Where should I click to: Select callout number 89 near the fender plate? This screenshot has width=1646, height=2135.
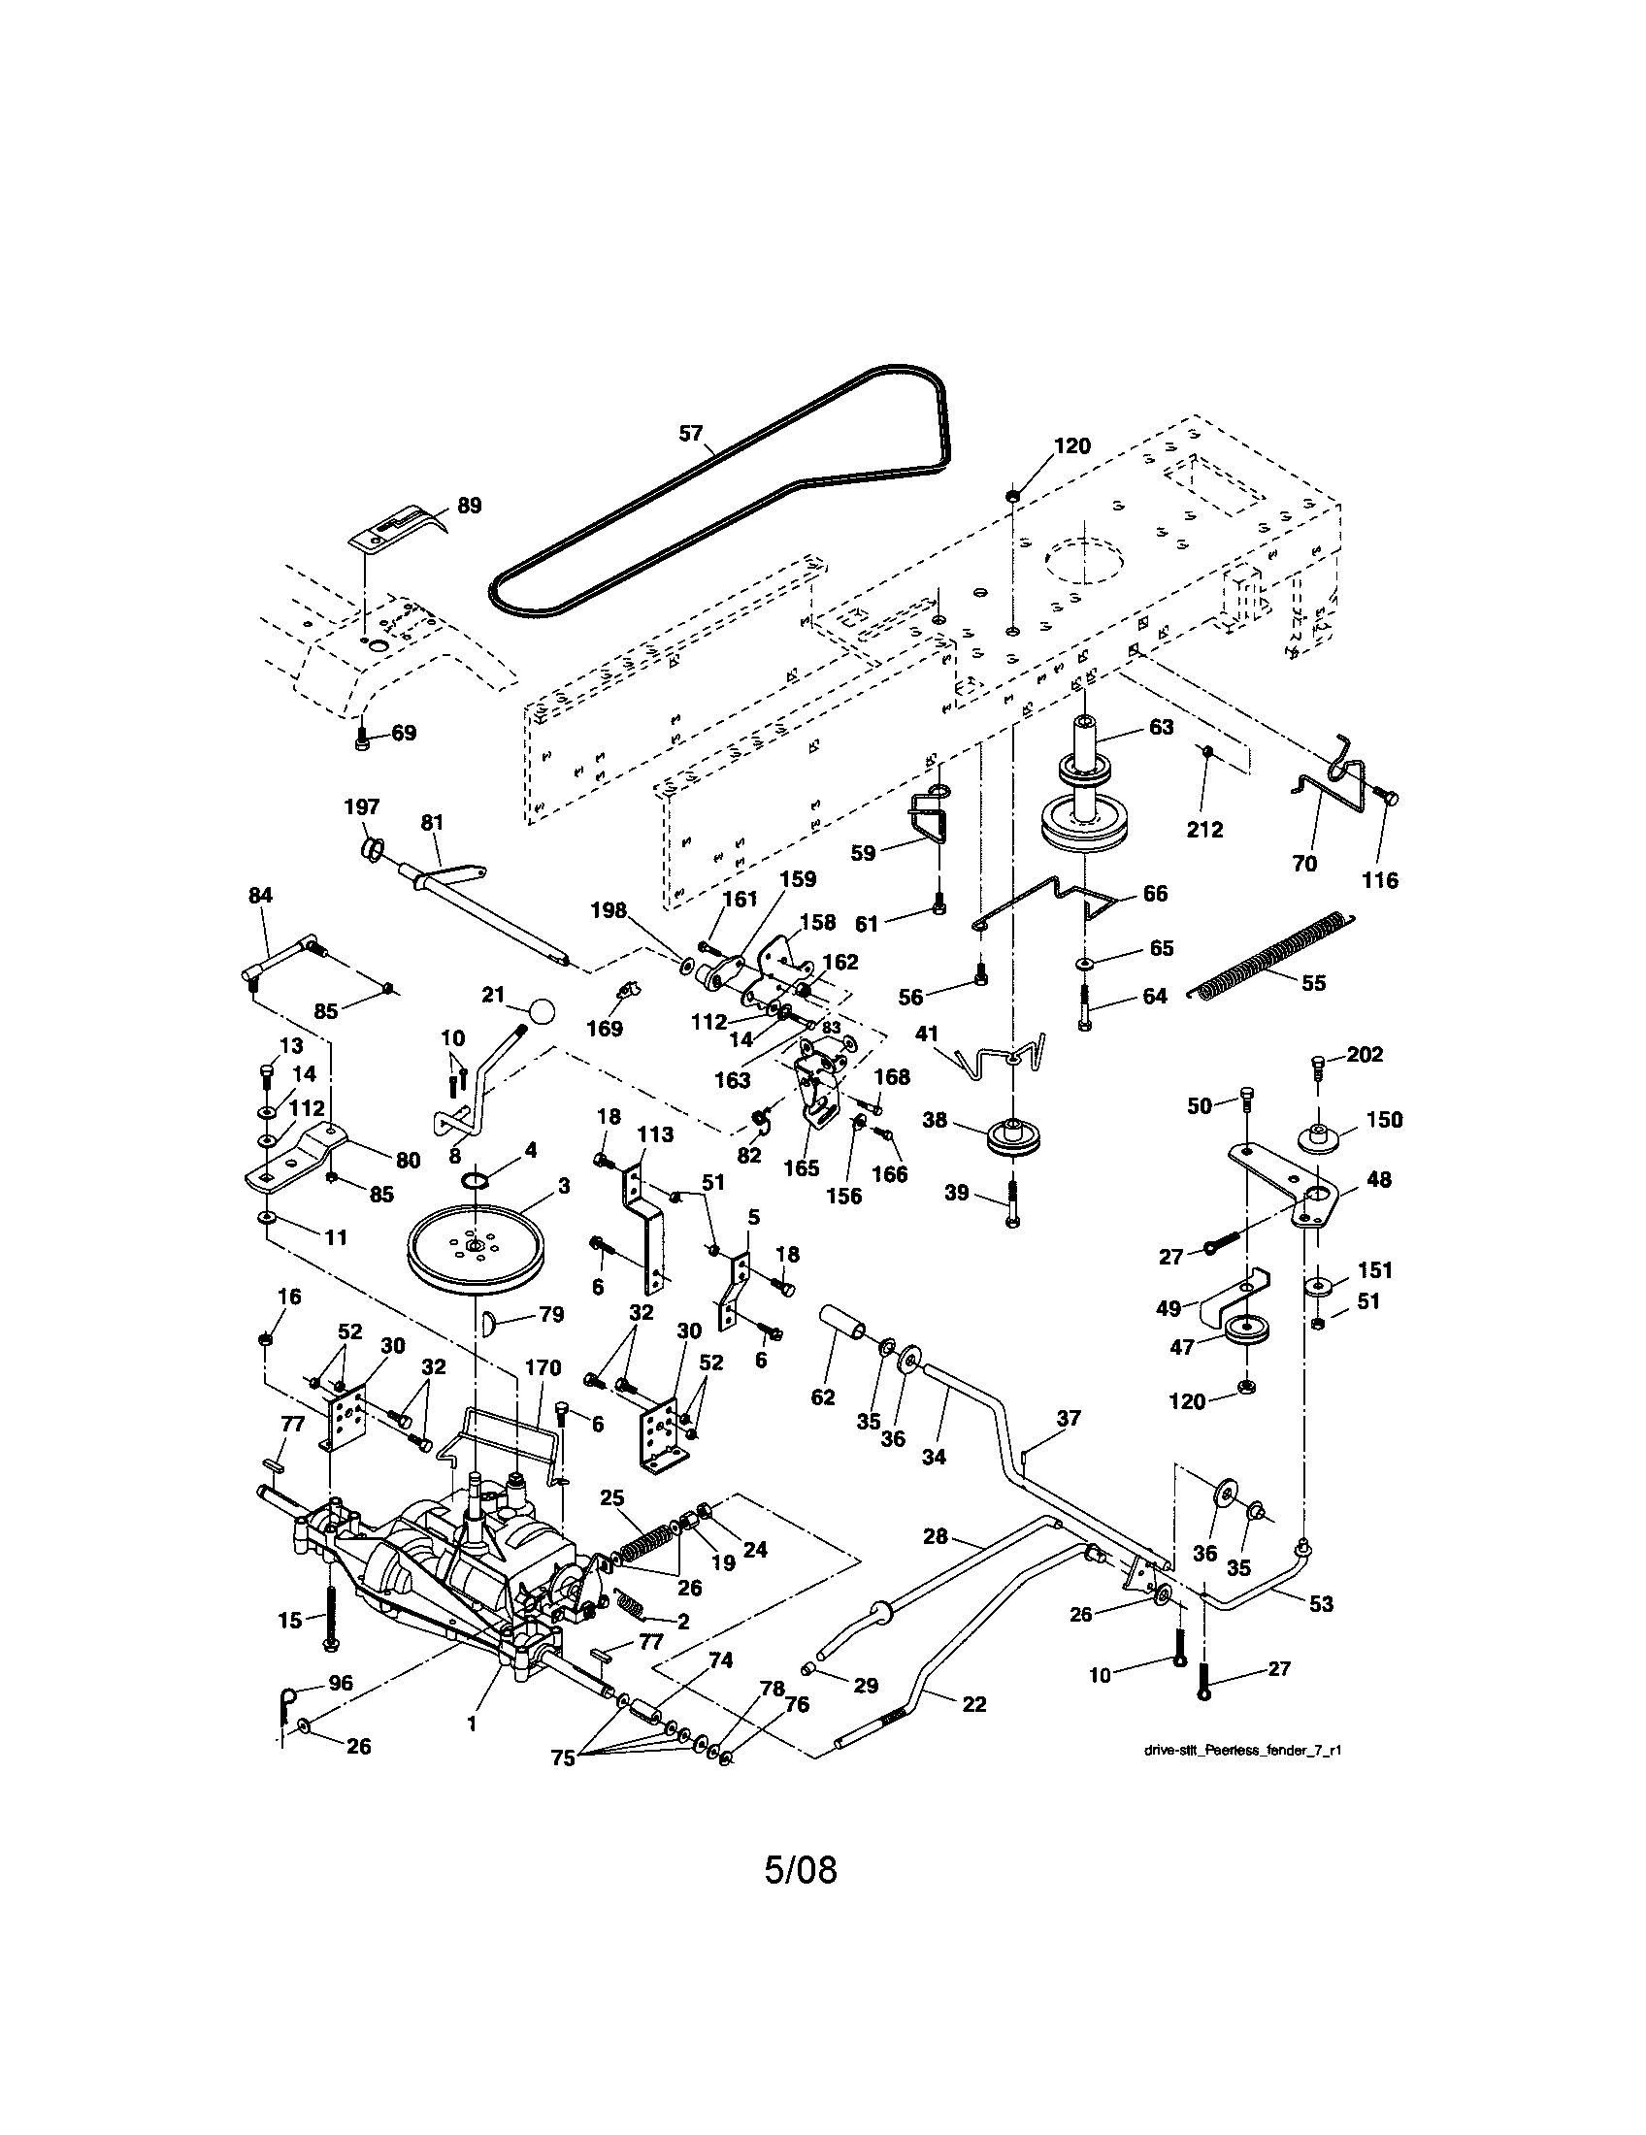tap(469, 506)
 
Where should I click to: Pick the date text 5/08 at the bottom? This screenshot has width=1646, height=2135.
tap(801, 1869)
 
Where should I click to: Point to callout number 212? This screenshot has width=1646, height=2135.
tap(1204, 830)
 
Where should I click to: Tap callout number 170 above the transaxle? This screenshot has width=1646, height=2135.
tap(543, 1367)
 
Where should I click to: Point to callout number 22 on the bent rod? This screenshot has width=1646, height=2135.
tap(973, 1703)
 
